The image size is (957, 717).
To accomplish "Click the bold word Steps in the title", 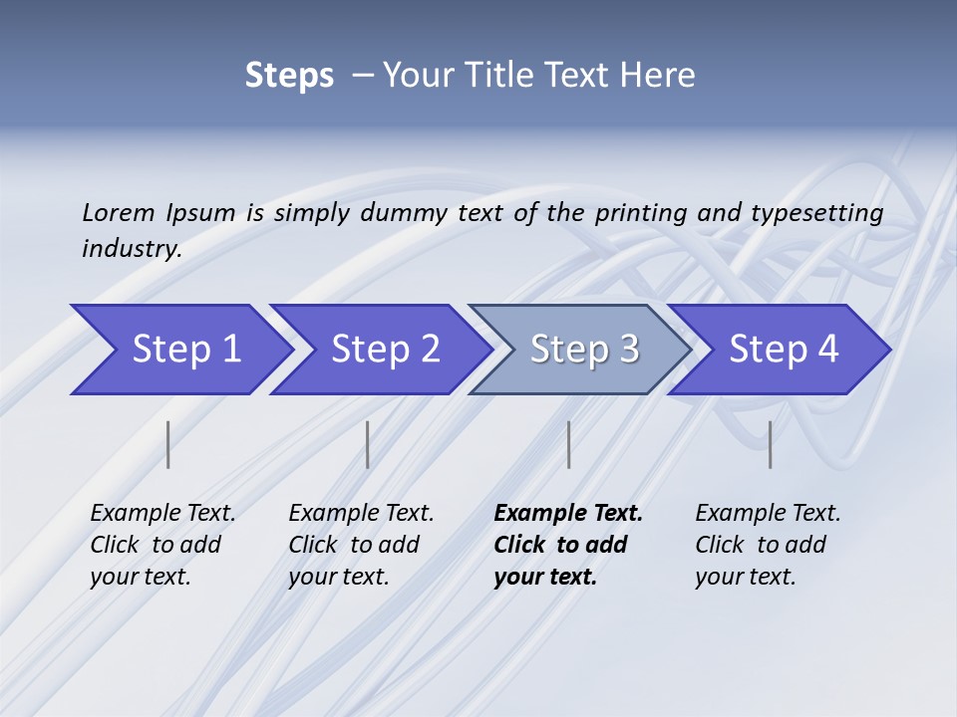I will pos(289,76).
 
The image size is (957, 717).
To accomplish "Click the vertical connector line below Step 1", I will pos(168,444).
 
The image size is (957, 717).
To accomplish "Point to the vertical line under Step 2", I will pos(368,444).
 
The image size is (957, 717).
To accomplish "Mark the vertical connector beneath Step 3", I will pos(568,444).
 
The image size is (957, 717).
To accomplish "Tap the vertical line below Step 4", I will pos(770,444).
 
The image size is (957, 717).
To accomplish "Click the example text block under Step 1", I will pos(162,545).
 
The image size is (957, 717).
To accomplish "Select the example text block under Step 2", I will pos(361,545).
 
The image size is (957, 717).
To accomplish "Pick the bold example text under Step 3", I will pos(568,545).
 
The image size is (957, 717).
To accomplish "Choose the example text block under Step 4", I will pos(768,545).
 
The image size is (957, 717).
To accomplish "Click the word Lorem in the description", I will pos(119,213).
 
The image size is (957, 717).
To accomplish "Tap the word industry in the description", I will pos(132,249).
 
